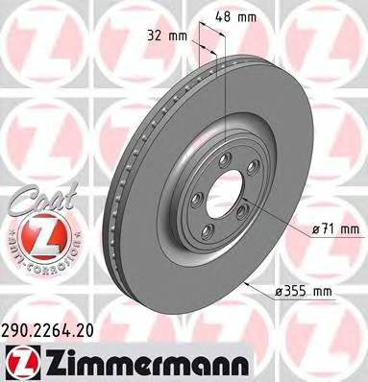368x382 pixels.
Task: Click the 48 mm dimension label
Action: click(248, 16)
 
